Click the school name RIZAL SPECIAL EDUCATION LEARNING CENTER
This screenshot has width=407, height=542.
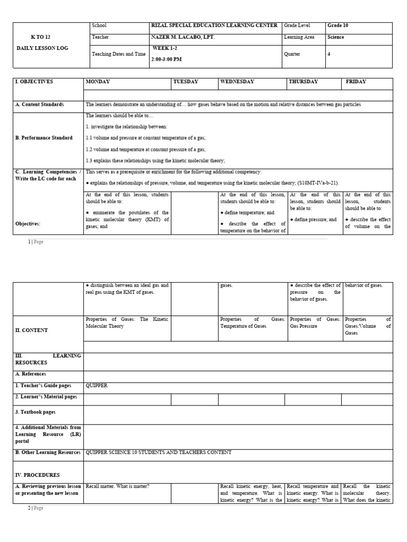coord(214,25)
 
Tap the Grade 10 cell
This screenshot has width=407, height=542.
coord(338,25)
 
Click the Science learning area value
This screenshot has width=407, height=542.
coord(335,37)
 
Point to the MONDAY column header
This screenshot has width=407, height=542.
coord(98,82)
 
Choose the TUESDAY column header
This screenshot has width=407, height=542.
coord(185,82)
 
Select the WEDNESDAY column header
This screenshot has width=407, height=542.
coord(237,82)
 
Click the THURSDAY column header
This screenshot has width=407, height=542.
coord(304,82)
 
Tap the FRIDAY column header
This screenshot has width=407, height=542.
coord(356,82)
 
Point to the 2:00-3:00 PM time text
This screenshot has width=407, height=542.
coord(167,59)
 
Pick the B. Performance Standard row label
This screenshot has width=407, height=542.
coord(44,138)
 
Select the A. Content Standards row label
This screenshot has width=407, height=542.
coord(39,104)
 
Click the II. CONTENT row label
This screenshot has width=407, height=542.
coord(31,330)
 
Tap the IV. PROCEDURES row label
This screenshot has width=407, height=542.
coord(37,475)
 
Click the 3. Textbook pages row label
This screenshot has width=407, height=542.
coord(35,411)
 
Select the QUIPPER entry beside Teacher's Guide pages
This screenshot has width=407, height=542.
coord(96,385)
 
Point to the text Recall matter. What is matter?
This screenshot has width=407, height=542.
coord(118,486)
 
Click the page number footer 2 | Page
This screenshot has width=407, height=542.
coord(36,508)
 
